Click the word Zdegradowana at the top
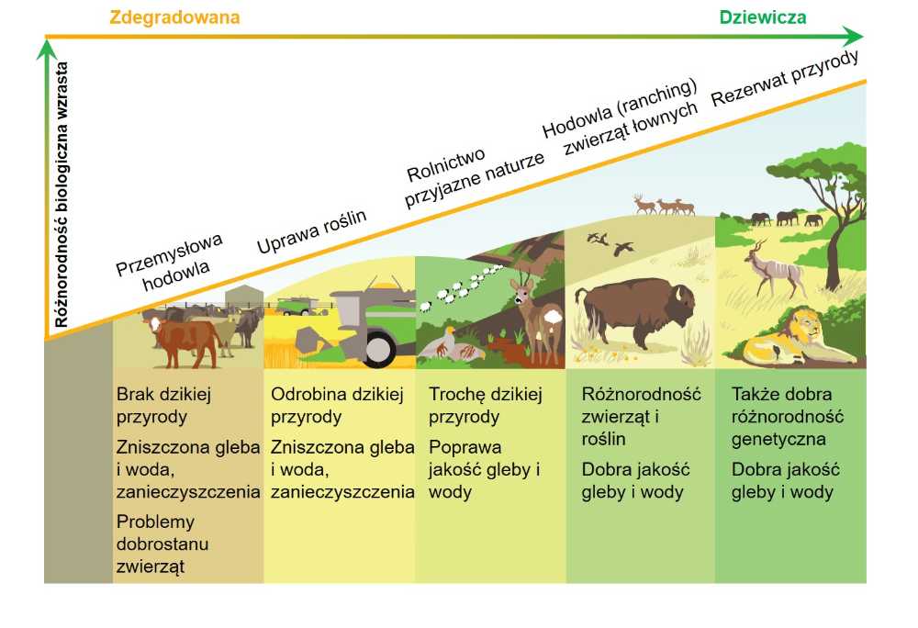click(174, 17)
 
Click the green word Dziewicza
click(762, 17)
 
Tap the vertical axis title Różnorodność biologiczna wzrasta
click(62, 195)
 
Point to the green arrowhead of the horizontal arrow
click(853, 37)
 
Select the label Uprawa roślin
click(311, 231)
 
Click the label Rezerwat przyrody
click(785, 78)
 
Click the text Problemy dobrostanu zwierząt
click(162, 544)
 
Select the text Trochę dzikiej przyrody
click(486, 405)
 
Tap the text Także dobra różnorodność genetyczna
click(787, 416)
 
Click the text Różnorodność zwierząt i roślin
click(641, 416)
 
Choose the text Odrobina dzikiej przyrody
click(337, 405)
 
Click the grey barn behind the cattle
click(244, 297)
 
